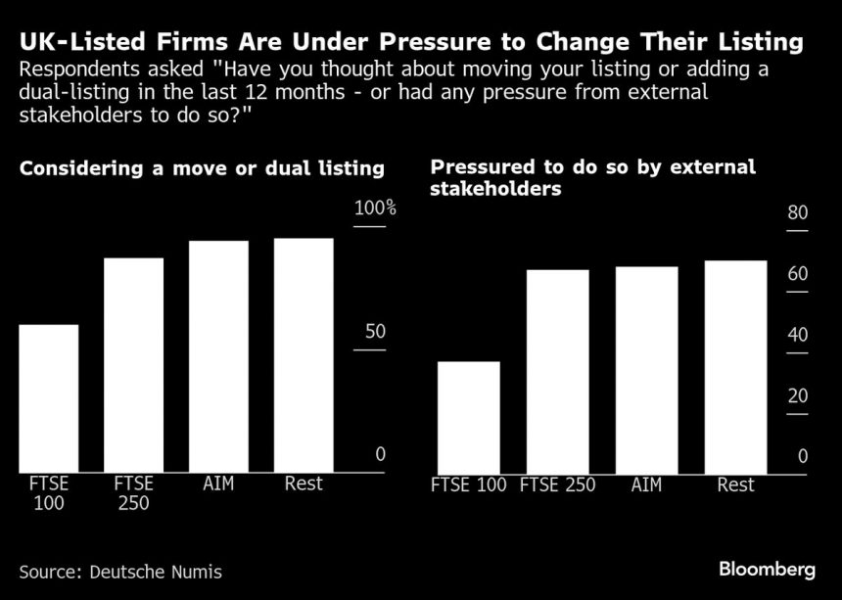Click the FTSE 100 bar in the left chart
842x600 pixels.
point(48,398)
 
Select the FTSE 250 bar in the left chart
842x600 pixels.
point(133,365)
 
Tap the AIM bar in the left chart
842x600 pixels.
point(218,356)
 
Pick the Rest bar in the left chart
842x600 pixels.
point(304,355)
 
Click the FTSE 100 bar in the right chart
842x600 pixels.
point(468,417)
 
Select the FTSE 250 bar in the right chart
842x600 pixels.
point(558,371)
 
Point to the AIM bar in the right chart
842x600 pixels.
point(646,370)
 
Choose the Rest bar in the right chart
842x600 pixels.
point(735,367)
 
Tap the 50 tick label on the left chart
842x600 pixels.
point(375,332)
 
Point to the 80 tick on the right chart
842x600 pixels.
point(797,214)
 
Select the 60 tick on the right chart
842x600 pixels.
point(797,275)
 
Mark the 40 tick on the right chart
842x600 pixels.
point(797,336)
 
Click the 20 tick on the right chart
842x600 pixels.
point(797,396)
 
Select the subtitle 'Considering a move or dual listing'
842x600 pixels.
point(202,168)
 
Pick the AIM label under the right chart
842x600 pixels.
point(646,485)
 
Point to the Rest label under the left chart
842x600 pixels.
point(304,483)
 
